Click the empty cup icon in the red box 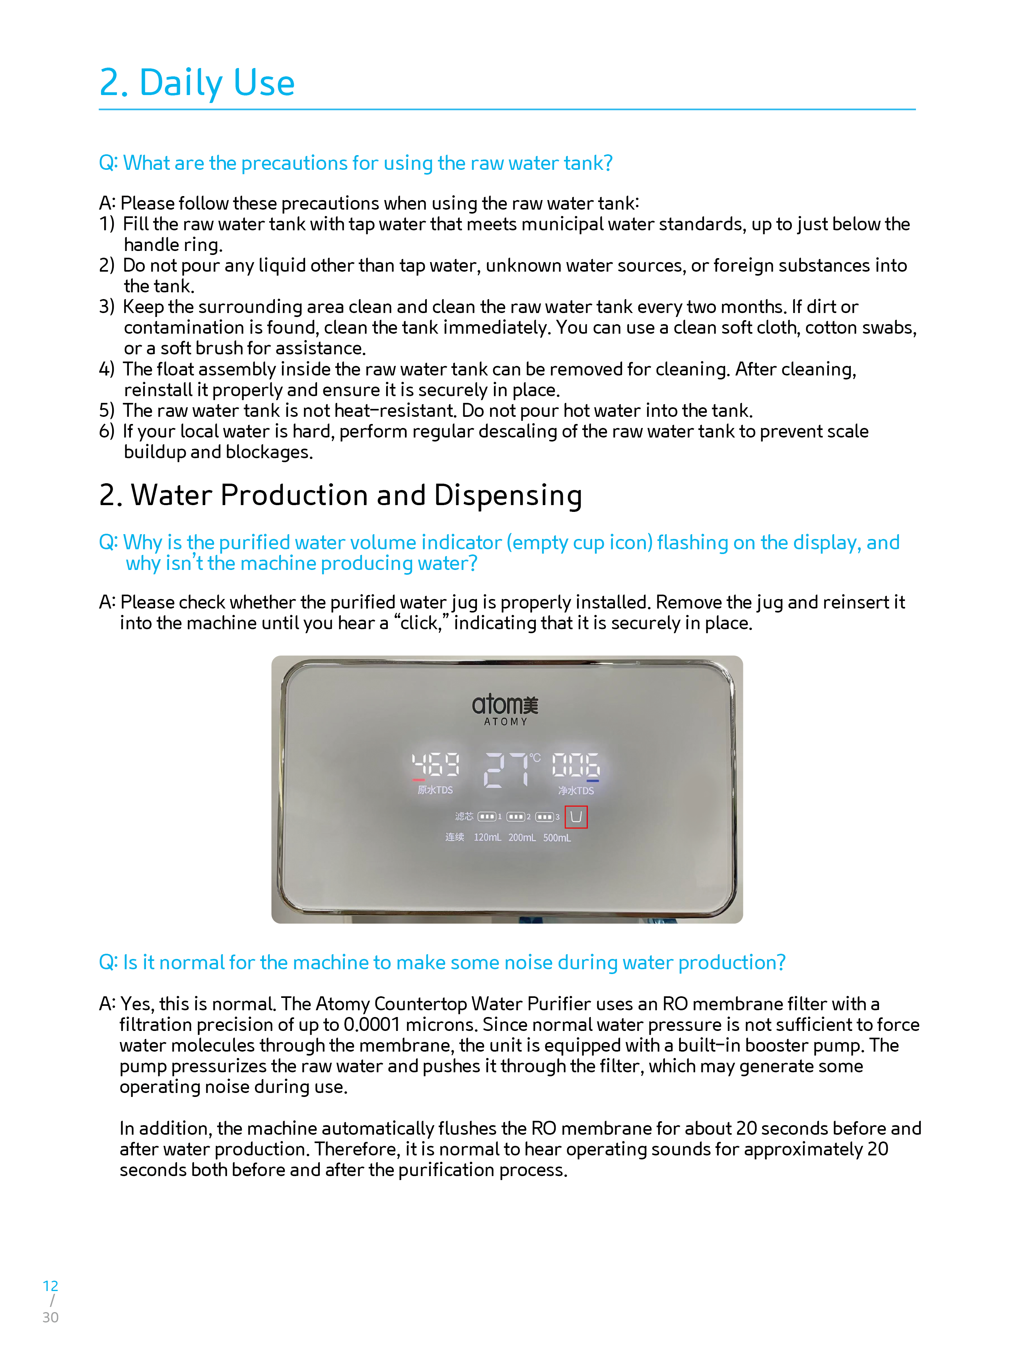[576, 817]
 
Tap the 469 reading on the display [436, 765]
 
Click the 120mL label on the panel [487, 837]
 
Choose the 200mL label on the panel [522, 837]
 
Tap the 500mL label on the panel [557, 837]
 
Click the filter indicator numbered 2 [518, 817]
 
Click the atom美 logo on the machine [505, 705]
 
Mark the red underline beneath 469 [418, 780]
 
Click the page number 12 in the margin [51, 1286]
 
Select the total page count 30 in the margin [51, 1317]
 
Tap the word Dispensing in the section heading [508, 496]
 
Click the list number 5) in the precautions [107, 410]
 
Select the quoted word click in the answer [420, 623]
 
